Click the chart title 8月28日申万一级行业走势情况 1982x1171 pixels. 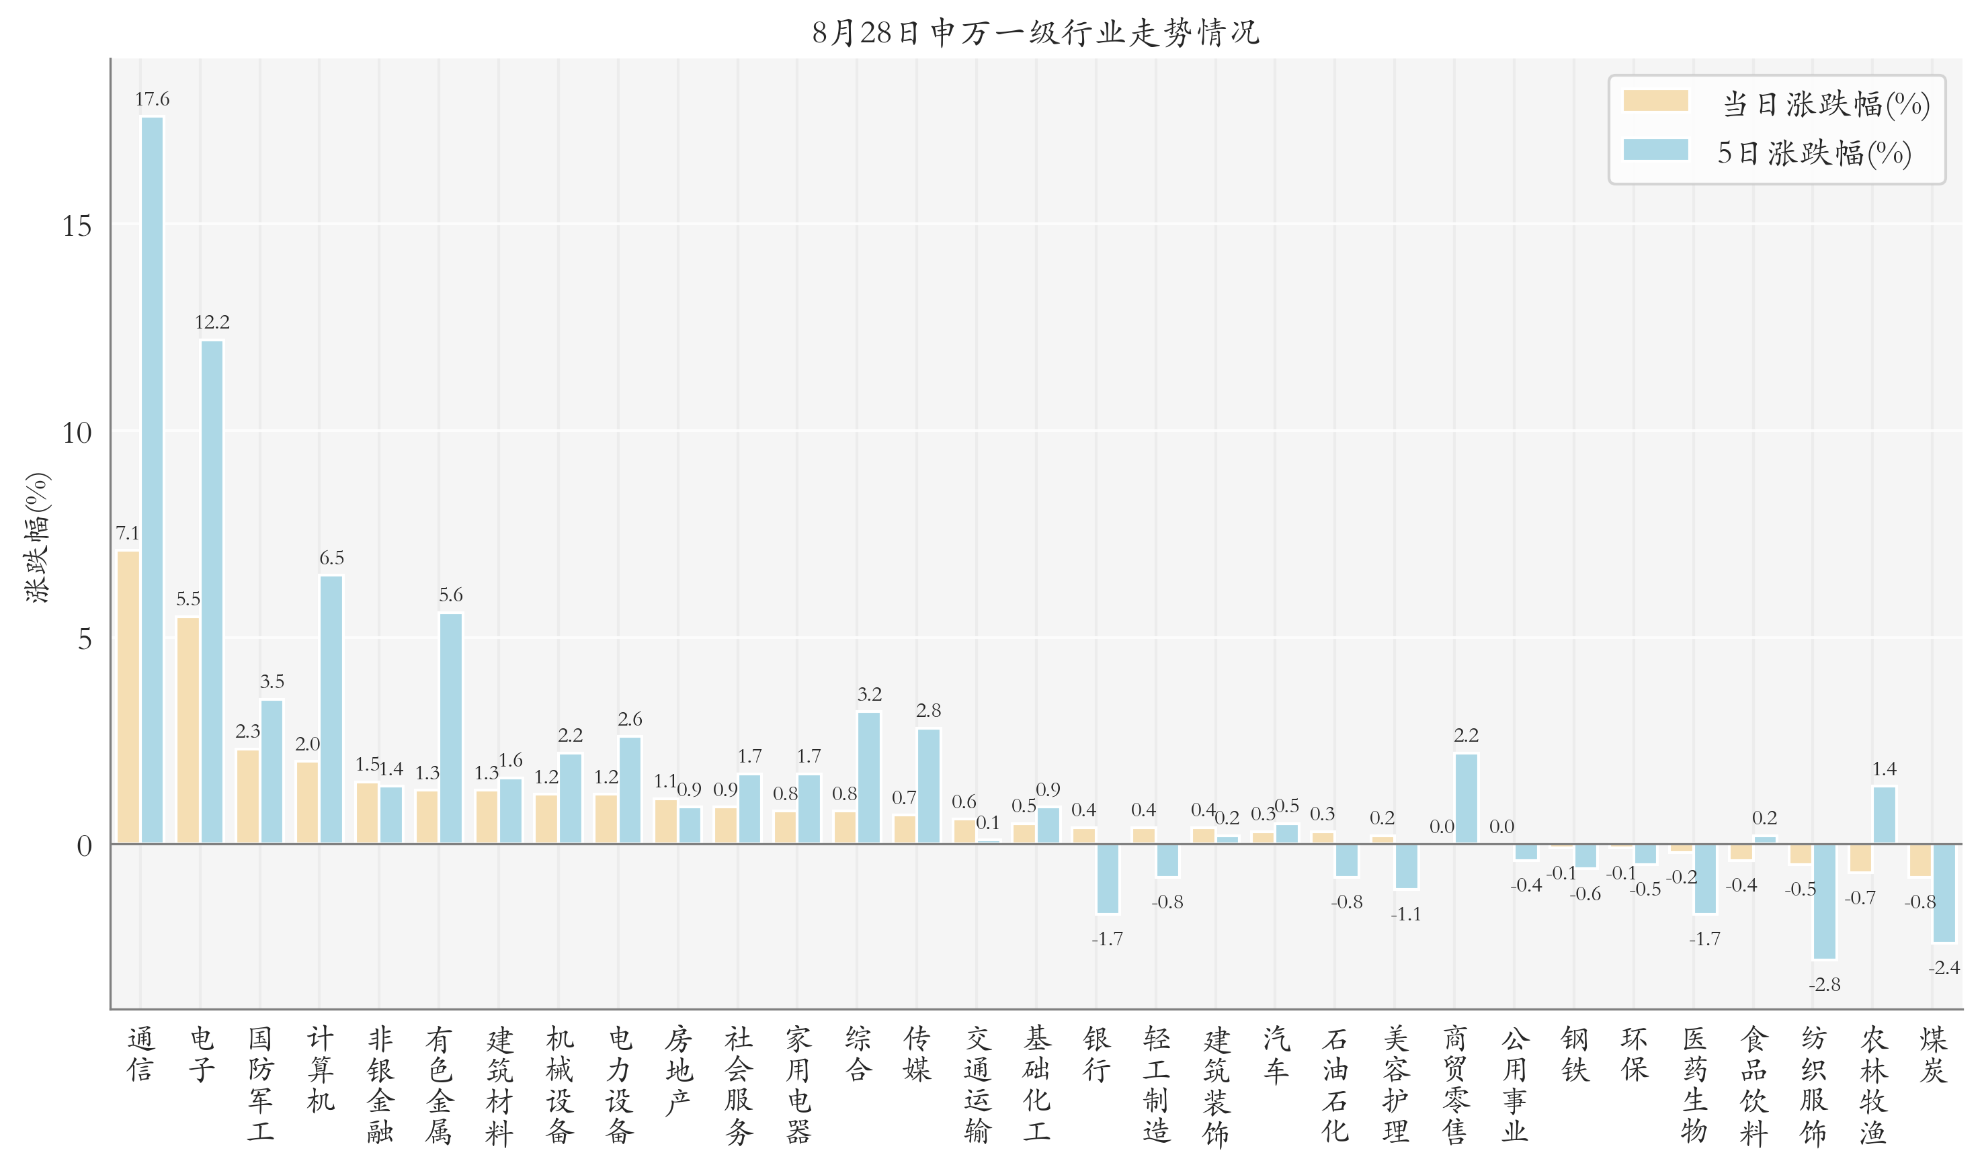1035,32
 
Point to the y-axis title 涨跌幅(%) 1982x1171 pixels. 37,538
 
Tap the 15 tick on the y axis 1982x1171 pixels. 77,226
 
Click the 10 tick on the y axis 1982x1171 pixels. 77,433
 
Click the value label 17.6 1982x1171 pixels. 151,99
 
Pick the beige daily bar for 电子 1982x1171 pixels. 188,730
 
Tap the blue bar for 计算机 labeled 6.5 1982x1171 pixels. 331,709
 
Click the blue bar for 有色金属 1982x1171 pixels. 451,728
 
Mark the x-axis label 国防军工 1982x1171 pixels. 261,1084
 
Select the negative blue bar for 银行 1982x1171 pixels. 1108,878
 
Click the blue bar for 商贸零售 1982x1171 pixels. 1466,799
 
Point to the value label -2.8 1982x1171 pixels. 1824,985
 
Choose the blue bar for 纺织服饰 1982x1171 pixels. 1824,901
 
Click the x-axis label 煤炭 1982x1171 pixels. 1933,1054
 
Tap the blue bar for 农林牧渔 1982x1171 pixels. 1884,815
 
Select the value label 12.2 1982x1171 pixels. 212,322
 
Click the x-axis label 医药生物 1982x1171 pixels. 1694,1084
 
